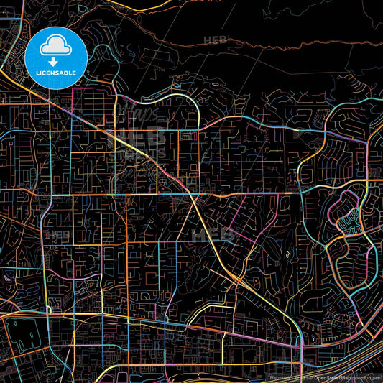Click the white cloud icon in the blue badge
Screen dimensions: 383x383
coord(55,46)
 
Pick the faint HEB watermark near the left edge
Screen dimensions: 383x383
coord(60,234)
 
